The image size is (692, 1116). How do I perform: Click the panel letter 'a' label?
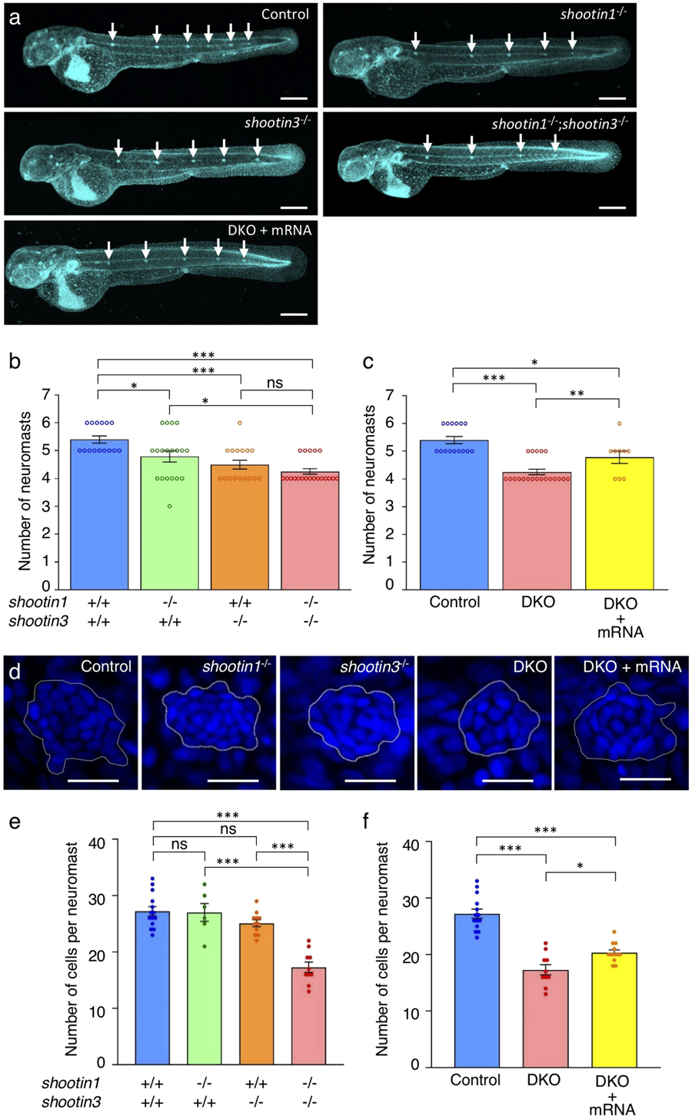[15, 16]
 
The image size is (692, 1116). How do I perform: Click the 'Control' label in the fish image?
[284, 15]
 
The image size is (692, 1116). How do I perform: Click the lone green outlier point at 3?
[170, 506]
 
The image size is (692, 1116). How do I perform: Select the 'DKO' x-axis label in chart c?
[535, 602]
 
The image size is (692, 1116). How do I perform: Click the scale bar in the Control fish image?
[294, 98]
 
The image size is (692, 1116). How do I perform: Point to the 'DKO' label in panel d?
[530, 667]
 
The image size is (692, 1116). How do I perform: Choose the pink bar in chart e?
[308, 1015]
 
